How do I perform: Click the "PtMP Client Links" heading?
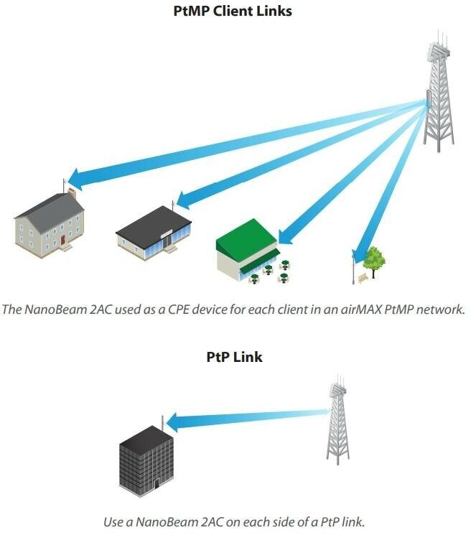(232, 11)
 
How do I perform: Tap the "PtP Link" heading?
(234, 357)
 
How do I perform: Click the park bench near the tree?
(363, 278)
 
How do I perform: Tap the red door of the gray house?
(62, 240)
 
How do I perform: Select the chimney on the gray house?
(72, 192)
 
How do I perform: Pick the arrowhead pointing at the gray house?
(75, 179)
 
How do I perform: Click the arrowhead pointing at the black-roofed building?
(184, 199)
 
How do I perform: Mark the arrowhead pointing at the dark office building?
(172, 422)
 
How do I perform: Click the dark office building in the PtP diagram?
(146, 461)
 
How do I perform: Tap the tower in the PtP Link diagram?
(337, 419)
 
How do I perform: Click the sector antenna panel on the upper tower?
(428, 99)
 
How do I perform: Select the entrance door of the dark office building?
(157, 483)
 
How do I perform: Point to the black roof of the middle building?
(154, 226)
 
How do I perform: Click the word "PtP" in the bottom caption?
(330, 521)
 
